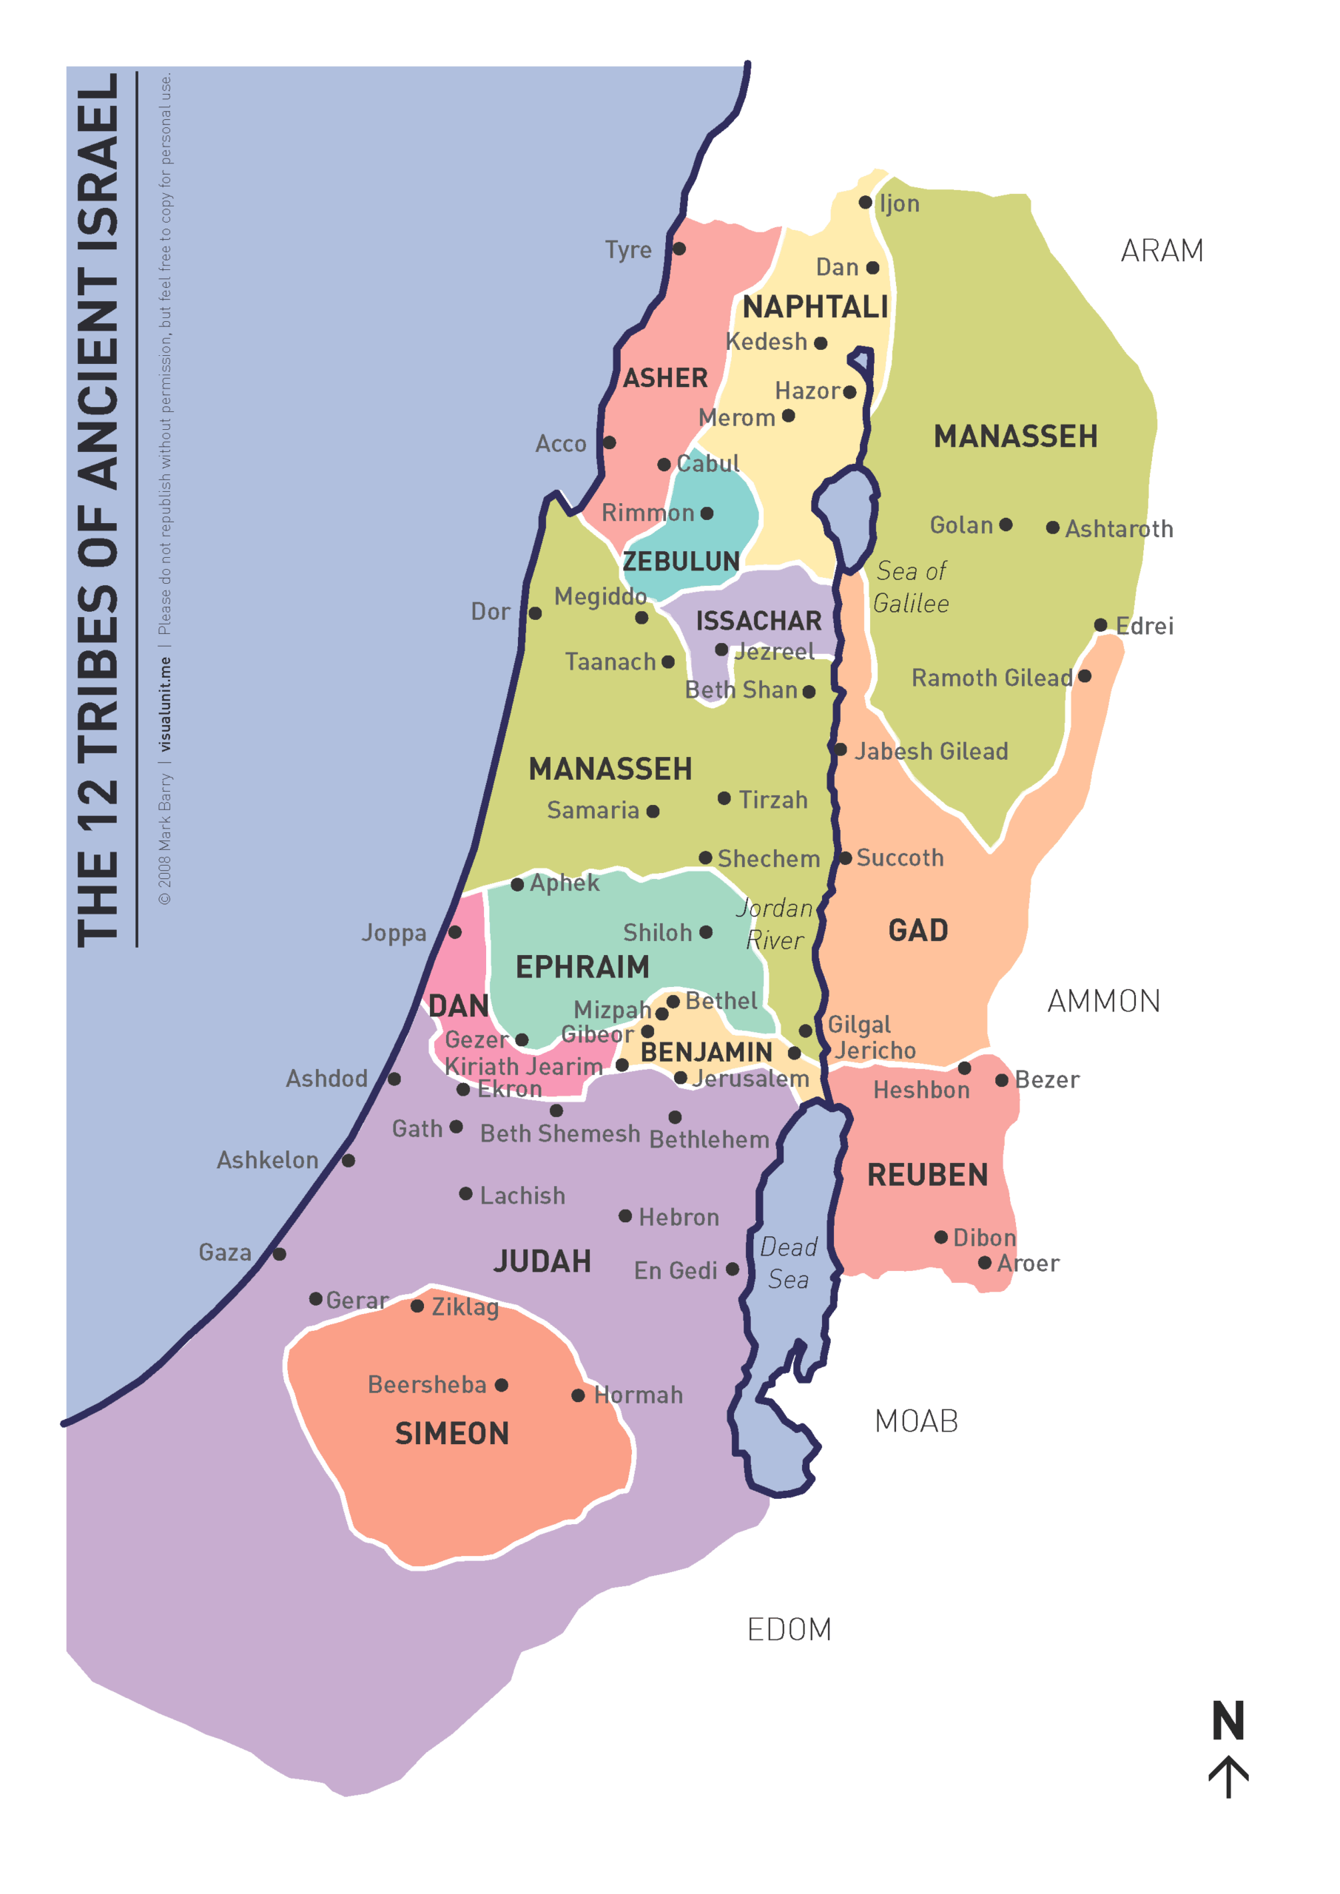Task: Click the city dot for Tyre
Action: (679, 249)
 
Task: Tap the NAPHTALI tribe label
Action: (815, 307)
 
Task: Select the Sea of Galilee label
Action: (911, 587)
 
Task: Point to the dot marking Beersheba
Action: (501, 1385)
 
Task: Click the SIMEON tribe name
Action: (451, 1434)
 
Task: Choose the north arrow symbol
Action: (1228, 1775)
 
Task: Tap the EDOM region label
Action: (789, 1630)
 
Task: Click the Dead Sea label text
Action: (788, 1263)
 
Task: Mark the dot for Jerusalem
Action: (680, 1077)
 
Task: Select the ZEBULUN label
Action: (681, 562)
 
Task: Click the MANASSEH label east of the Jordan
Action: (1015, 437)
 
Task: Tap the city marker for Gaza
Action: (280, 1254)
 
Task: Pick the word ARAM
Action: (1161, 251)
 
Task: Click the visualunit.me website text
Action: (165, 704)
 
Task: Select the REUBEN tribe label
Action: (926, 1175)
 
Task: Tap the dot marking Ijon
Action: (865, 202)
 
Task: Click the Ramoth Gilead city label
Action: (991, 678)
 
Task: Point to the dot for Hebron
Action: (624, 1216)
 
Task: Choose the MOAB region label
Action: (916, 1421)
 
